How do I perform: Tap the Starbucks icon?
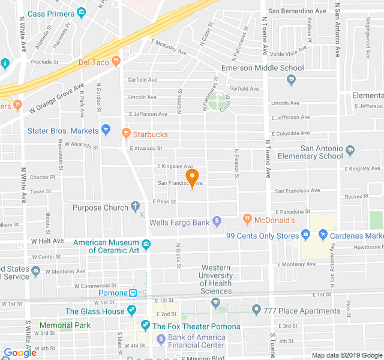[126, 133]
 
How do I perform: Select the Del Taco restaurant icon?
[116, 61]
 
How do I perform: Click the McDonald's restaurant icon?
[247, 220]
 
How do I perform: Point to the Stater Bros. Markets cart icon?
[106, 129]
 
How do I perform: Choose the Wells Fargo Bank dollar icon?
[217, 223]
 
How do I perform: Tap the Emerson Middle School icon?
[291, 79]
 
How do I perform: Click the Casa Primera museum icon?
[81, 13]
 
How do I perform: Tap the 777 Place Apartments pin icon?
[256, 310]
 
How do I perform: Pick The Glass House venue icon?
[131, 311]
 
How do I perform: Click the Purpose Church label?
[100, 208]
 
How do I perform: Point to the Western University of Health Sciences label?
[216, 280]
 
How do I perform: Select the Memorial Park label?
[65, 325]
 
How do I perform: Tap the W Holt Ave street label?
[47, 241]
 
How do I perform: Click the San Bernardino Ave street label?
[296, 11]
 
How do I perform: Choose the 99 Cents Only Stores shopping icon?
[305, 235]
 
